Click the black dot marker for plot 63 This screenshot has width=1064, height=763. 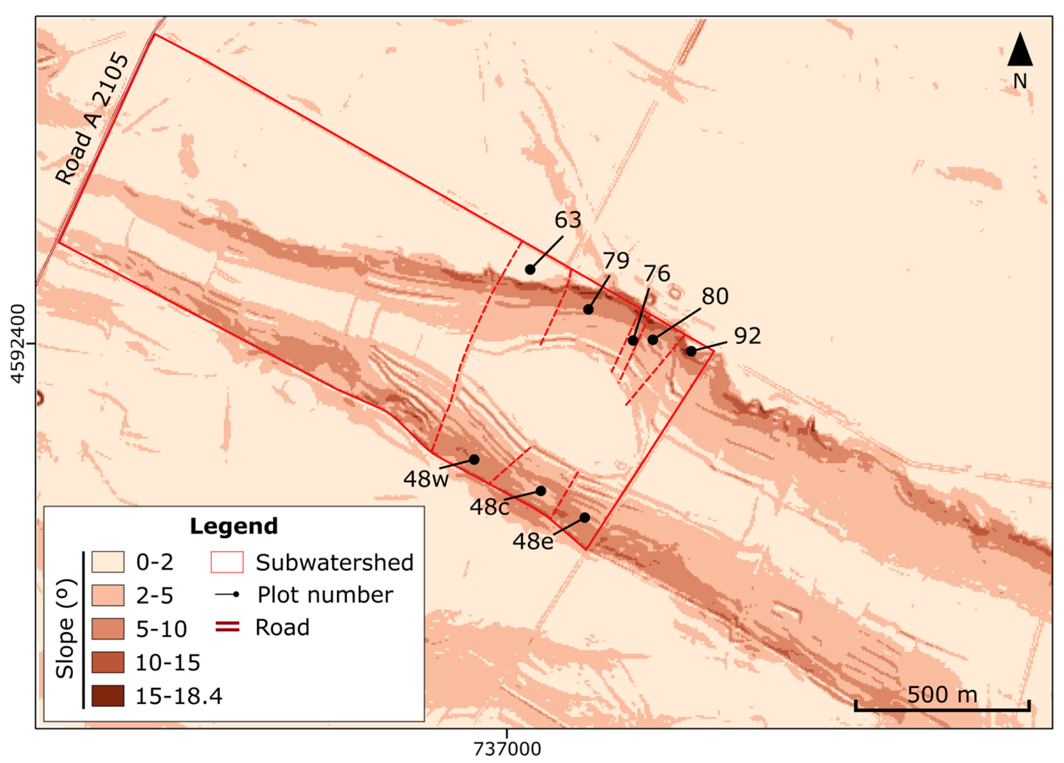point(530,269)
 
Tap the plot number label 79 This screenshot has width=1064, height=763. point(615,261)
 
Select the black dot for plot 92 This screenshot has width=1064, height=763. point(691,351)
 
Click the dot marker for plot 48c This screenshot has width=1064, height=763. point(541,491)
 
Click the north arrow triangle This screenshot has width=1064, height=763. point(1020,50)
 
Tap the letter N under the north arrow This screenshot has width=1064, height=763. point(1020,82)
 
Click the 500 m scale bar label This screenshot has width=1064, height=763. point(942,694)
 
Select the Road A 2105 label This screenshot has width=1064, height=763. point(92,120)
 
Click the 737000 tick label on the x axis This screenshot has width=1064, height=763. point(507,749)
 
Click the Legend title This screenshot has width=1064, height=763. point(234,526)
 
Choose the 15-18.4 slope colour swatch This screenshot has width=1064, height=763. point(108,696)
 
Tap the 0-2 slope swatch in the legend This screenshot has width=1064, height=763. point(108,562)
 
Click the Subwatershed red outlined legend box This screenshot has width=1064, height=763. point(227,562)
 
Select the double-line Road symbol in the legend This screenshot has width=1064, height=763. point(227,627)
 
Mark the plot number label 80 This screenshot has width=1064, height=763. point(715,296)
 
